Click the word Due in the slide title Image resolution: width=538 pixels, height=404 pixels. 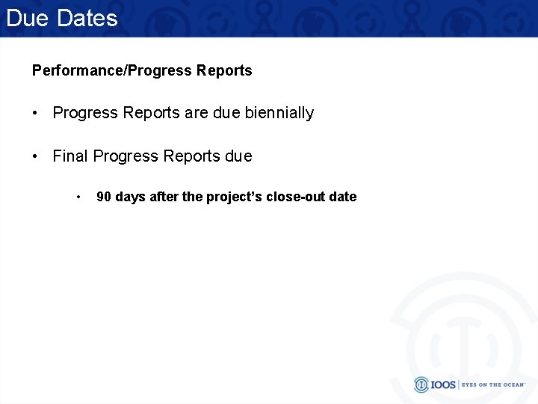(28, 18)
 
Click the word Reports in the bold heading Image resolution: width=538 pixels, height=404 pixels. (224, 71)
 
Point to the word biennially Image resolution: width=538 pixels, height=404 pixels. (279, 113)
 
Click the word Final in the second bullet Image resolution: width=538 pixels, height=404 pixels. (70, 156)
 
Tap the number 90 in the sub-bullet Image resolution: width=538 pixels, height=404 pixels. (105, 197)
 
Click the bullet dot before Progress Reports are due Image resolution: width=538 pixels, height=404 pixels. (36, 113)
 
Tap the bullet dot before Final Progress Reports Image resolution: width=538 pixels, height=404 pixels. (36, 156)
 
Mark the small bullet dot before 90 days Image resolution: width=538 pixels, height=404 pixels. (78, 197)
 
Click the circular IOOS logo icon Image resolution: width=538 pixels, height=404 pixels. (422, 385)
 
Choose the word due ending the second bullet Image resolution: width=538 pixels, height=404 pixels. (238, 156)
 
